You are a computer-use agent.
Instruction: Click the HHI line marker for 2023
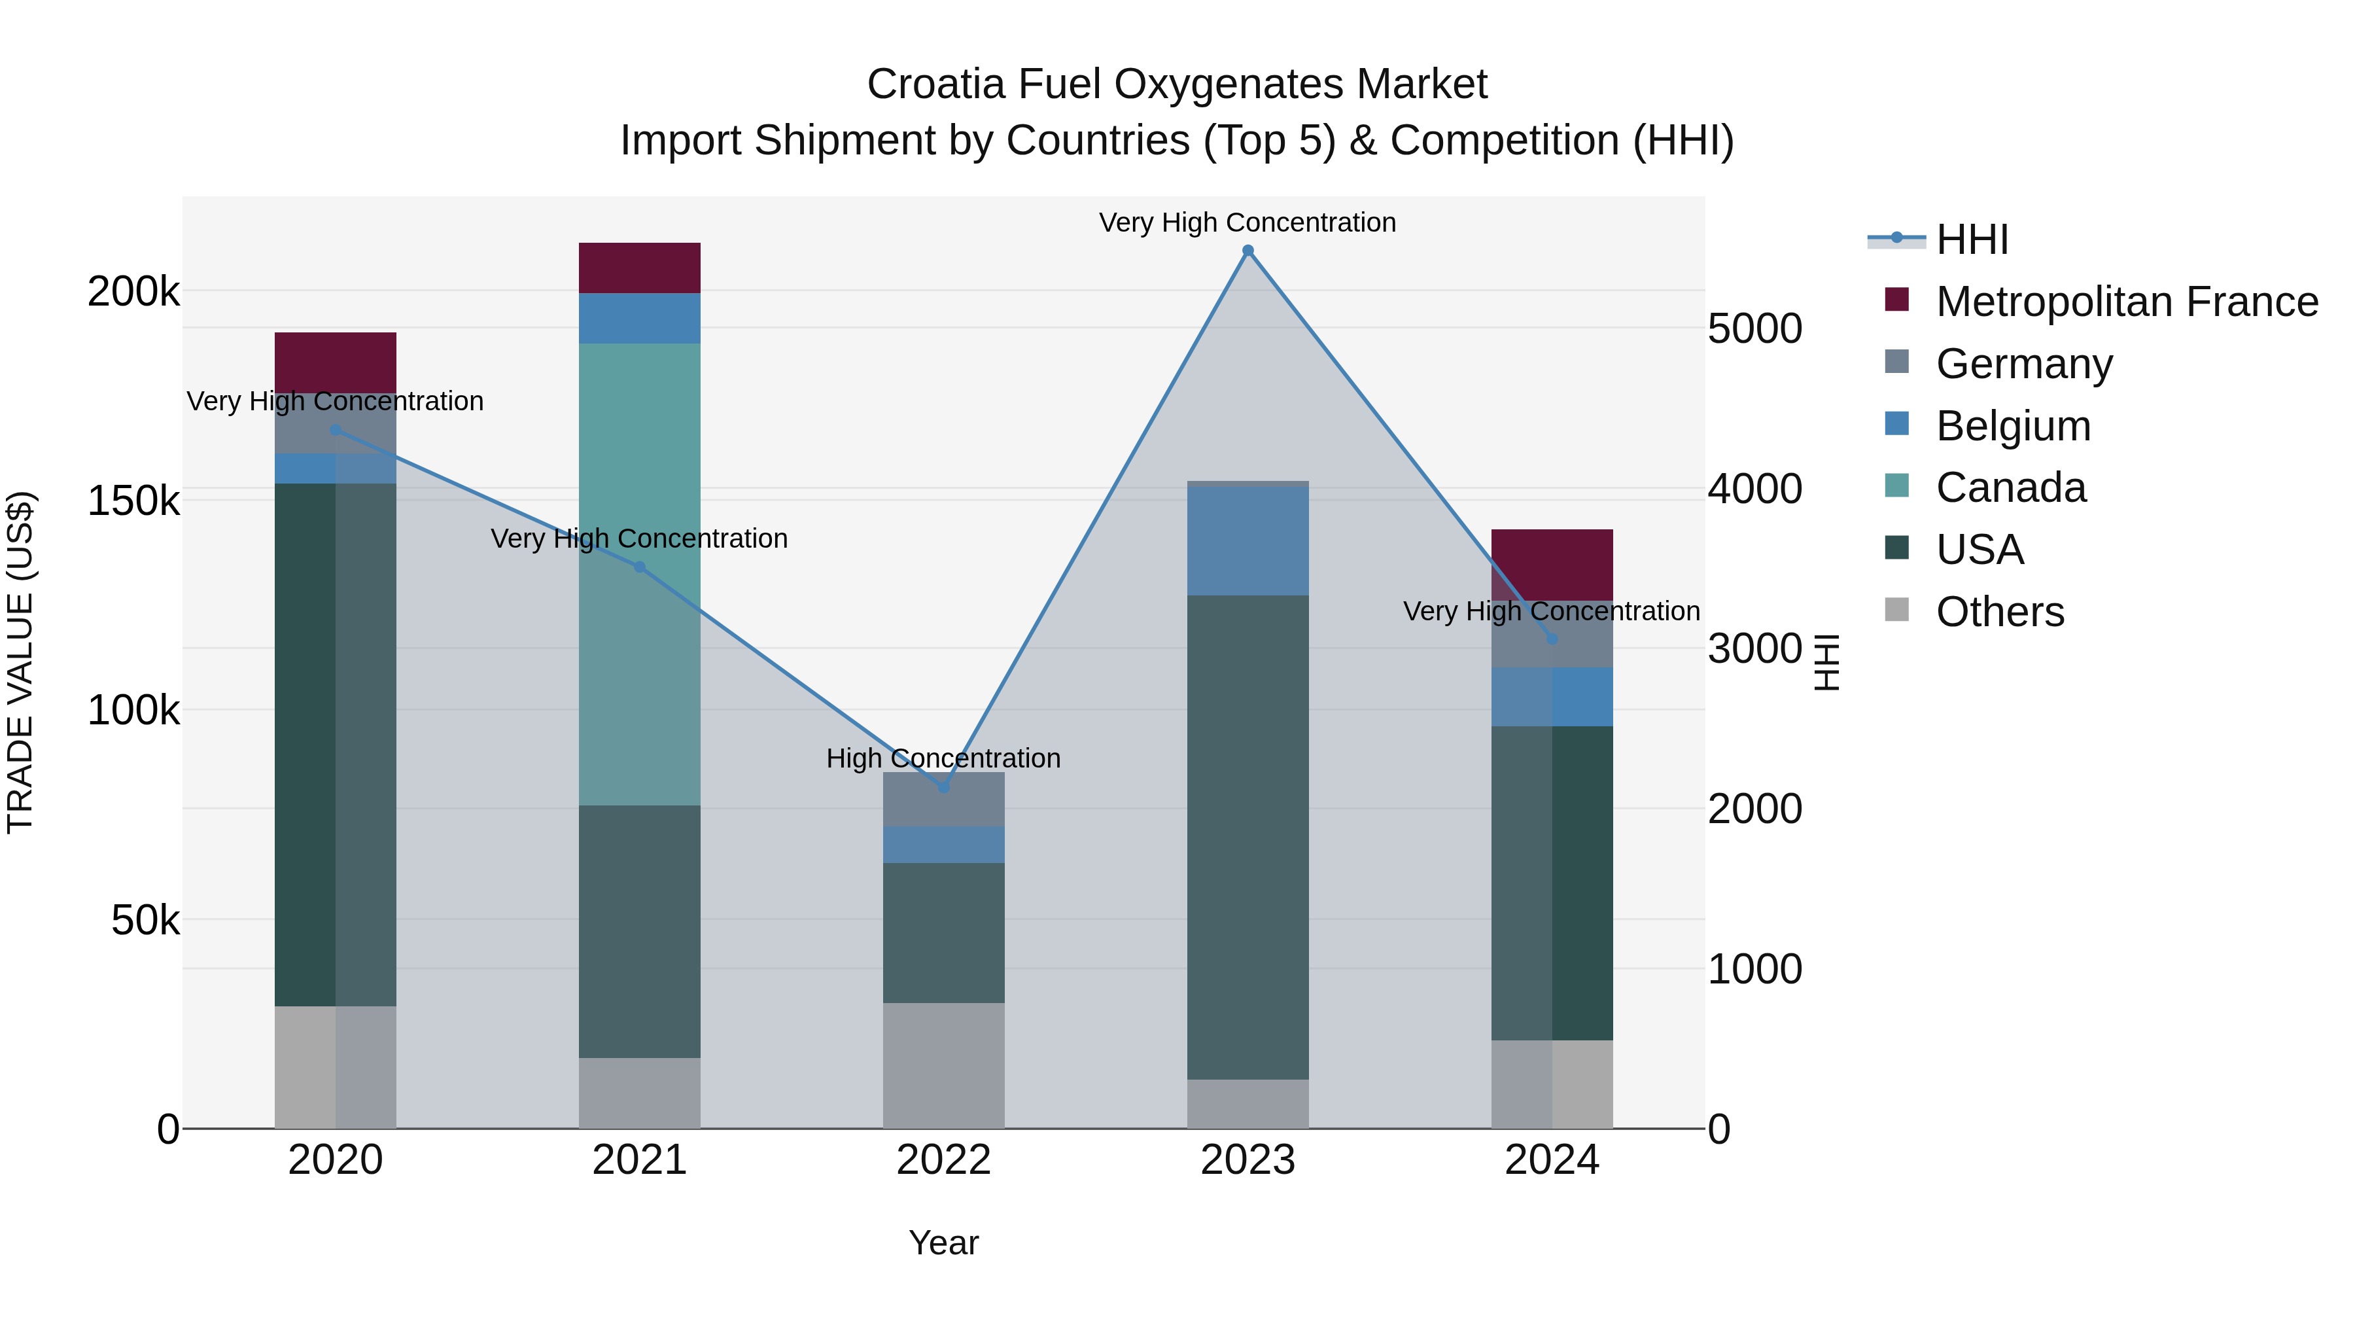(1248, 251)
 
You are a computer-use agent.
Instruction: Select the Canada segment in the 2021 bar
(639, 574)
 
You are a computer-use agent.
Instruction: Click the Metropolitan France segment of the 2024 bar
(1552, 564)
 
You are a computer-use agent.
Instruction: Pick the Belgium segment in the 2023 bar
(1248, 541)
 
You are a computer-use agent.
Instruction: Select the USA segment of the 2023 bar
(1248, 837)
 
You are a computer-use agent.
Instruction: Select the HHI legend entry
(1971, 239)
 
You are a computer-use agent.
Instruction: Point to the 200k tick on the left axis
(133, 292)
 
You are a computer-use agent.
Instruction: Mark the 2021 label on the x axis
(639, 1160)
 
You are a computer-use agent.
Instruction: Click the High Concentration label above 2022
(943, 758)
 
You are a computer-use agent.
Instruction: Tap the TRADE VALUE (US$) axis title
(20, 662)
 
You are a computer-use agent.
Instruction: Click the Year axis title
(943, 1243)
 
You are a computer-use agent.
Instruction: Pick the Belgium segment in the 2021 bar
(639, 318)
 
